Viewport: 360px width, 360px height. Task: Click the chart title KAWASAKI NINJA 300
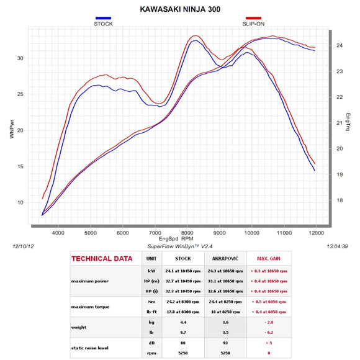179,9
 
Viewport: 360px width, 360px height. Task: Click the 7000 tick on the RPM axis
155,233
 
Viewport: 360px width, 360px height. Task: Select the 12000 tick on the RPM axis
317,233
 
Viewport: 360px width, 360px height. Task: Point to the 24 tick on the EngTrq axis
339,46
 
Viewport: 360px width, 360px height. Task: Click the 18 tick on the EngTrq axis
339,200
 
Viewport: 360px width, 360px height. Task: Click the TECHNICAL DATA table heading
101,259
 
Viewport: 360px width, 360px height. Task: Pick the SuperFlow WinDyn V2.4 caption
179,246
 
